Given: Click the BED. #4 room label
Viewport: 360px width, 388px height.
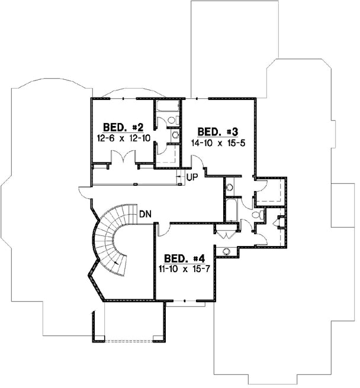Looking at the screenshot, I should click(184, 258).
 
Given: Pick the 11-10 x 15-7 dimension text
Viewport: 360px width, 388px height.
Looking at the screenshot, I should click(184, 269).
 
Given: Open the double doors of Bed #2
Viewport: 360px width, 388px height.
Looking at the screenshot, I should click(124, 156).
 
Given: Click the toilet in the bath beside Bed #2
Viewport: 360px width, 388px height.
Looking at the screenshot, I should click(172, 120).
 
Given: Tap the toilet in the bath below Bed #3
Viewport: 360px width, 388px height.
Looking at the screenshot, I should click(256, 216).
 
